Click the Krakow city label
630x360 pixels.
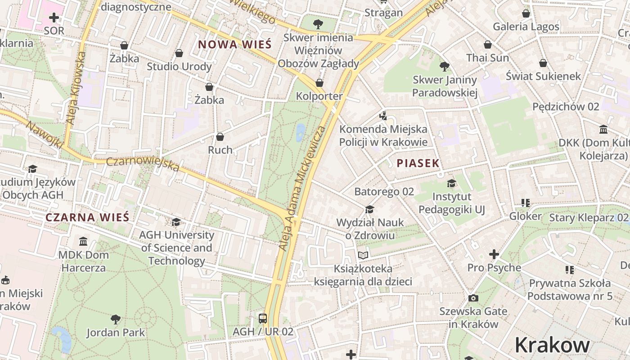552,345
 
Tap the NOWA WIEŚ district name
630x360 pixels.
235,45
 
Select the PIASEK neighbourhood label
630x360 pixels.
418,163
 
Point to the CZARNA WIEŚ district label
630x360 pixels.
87,217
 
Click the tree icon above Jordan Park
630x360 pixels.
116,319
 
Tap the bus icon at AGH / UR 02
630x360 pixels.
263,319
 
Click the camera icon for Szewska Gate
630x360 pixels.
473,298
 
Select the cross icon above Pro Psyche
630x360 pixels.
494,254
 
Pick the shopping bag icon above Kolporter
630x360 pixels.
319,83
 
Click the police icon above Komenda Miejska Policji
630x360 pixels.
383,116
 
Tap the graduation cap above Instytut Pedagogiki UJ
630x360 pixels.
451,183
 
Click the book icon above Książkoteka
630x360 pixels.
363,255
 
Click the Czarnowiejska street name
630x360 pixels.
143,164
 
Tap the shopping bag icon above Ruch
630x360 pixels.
220,136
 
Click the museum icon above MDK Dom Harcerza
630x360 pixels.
83,242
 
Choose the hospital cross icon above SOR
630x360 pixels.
54,18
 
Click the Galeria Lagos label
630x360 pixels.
526,27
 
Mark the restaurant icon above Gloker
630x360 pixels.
525,203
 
